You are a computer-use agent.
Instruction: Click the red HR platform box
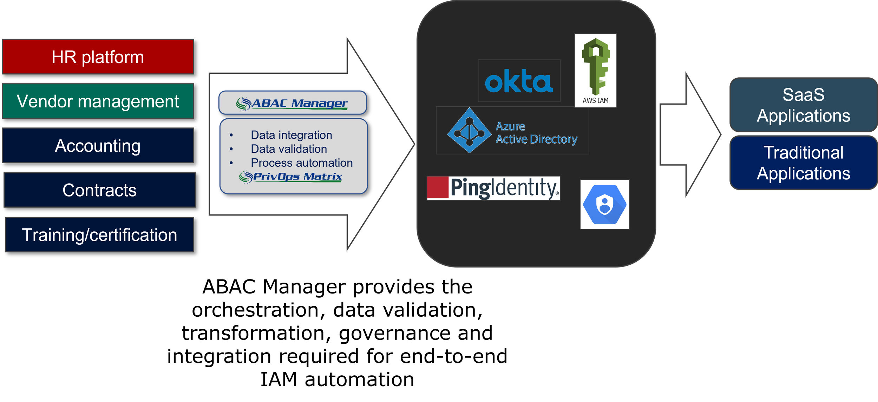click(x=98, y=57)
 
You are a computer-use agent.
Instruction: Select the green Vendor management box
click(x=98, y=101)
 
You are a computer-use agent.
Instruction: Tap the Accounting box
click(x=98, y=145)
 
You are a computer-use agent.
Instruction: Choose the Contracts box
click(x=99, y=190)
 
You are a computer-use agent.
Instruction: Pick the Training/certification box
click(x=99, y=235)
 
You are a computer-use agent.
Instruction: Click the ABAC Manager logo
click(x=292, y=103)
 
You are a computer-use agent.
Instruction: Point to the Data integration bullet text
click(x=291, y=135)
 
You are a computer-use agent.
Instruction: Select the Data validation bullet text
click(x=289, y=149)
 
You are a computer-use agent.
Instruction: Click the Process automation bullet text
click(x=301, y=163)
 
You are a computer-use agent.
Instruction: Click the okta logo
click(x=519, y=81)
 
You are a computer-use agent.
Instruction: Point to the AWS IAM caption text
click(x=595, y=100)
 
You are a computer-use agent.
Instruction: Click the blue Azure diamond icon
click(x=469, y=131)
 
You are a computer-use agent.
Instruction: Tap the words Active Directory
click(x=536, y=139)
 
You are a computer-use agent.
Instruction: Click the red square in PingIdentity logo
click(x=438, y=187)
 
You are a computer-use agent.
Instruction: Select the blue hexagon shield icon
click(x=604, y=204)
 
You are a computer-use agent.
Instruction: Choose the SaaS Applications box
click(x=803, y=105)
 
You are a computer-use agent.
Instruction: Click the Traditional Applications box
click(x=803, y=163)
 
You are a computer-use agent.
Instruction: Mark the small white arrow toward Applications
click(x=690, y=134)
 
